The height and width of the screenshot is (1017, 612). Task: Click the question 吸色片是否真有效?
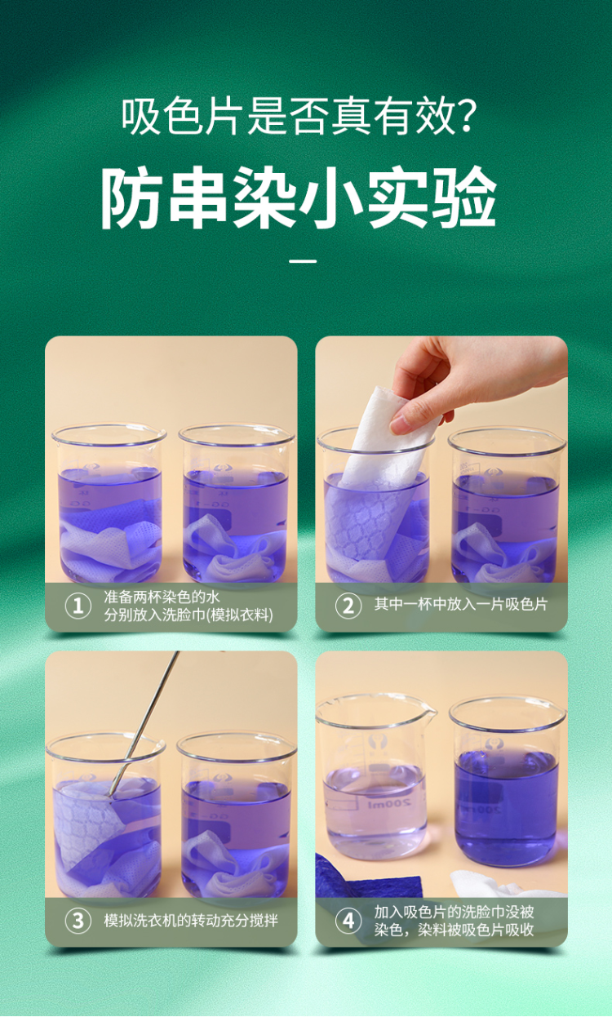299,117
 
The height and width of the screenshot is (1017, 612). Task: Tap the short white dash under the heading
303,261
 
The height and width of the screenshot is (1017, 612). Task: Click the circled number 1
78,606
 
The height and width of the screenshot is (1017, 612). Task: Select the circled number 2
348,606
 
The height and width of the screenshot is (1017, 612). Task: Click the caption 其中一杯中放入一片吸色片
461,604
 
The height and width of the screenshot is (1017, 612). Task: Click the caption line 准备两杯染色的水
162,597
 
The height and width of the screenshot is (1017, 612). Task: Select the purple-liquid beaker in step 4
508,781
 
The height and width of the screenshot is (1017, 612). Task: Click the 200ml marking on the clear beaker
389,803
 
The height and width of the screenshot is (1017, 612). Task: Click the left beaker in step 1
109,504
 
